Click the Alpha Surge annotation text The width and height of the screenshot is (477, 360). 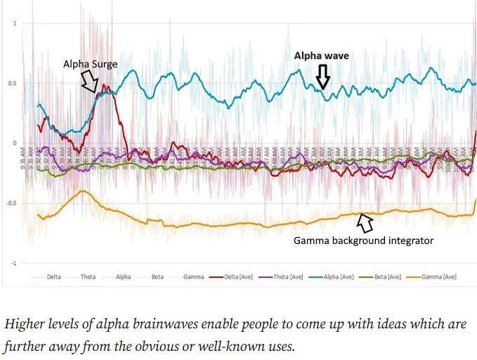89,64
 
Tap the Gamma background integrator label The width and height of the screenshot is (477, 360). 363,240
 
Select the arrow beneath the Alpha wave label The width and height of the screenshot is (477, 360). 322,75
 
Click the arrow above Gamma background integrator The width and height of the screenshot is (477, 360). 365,223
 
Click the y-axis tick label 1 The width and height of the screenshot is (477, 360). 15,24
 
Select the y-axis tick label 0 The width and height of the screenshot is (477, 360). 15,143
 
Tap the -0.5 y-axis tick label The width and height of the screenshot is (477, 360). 11,204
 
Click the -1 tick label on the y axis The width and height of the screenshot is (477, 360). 13,264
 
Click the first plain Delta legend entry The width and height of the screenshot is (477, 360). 54,276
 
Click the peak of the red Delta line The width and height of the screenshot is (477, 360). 104,86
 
